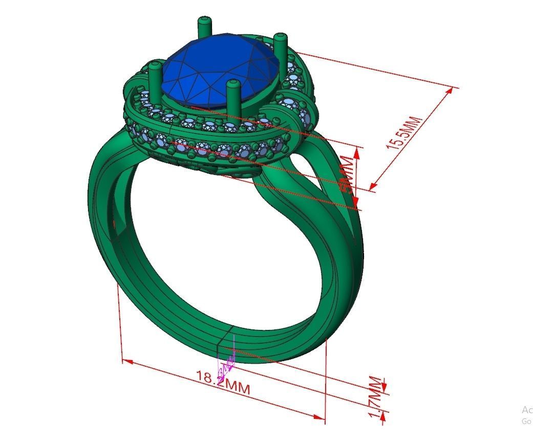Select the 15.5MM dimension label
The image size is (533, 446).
(x=404, y=133)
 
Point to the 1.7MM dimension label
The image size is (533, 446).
(x=376, y=399)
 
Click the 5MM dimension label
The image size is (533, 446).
(x=348, y=176)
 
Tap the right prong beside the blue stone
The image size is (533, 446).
(x=280, y=49)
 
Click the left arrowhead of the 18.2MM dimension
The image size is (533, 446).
(x=127, y=362)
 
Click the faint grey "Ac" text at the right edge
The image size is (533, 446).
(x=527, y=410)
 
